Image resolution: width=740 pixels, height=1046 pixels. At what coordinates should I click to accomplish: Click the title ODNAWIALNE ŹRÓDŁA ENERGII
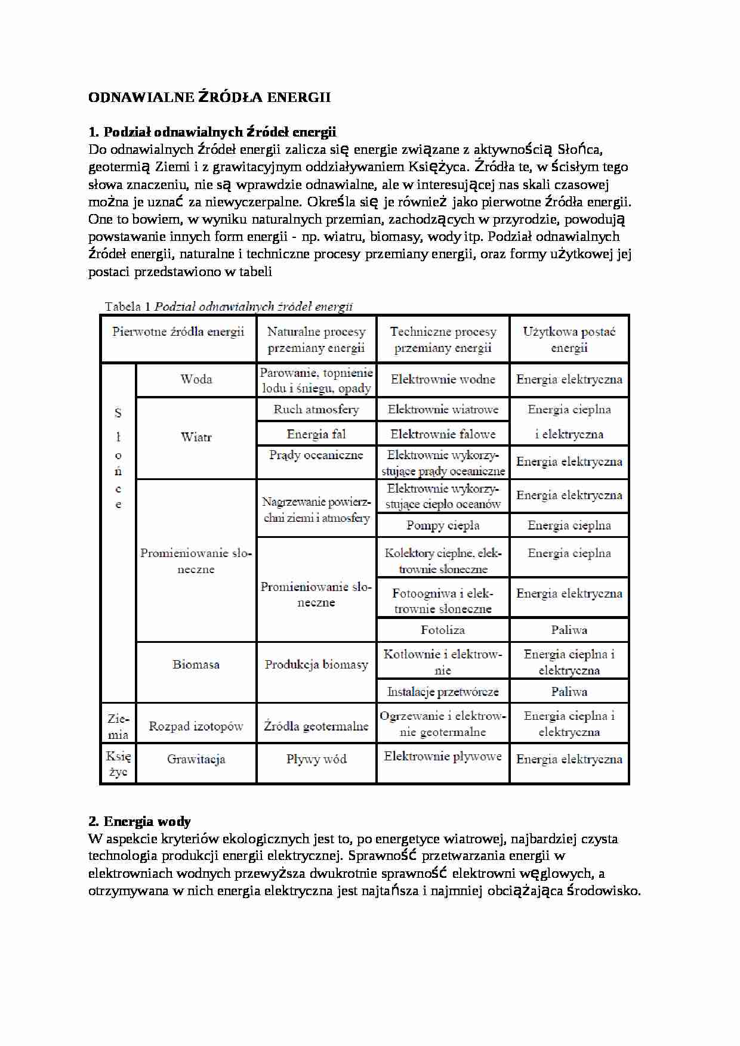(209, 97)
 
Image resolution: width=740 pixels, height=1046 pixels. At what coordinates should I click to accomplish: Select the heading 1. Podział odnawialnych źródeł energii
(212, 132)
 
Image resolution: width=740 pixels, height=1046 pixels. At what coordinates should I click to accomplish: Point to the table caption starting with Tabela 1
(229, 307)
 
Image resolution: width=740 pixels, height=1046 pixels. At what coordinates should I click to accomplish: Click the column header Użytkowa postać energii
(569, 339)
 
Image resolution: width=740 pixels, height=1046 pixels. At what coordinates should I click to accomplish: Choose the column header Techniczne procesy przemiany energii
(443, 339)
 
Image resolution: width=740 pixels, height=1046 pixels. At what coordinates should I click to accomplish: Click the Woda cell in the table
(196, 379)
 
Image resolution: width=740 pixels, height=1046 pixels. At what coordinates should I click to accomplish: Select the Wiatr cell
(196, 437)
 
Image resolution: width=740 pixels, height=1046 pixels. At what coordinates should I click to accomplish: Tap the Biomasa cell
(196, 664)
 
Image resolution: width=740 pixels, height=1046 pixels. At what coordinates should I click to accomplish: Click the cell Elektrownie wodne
(443, 379)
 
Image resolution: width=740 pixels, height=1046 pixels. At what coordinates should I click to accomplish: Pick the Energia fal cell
(316, 434)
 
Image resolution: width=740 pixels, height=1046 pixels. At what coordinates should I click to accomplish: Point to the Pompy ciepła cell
(443, 525)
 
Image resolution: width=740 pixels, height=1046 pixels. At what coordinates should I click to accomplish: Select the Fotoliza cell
(443, 630)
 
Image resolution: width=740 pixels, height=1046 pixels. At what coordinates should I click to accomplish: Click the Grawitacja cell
(196, 759)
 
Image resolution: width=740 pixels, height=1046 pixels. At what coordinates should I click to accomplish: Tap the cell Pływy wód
(316, 759)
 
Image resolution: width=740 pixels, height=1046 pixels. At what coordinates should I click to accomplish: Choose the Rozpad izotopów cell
(196, 726)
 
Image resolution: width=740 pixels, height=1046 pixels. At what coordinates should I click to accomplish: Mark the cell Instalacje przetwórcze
(443, 692)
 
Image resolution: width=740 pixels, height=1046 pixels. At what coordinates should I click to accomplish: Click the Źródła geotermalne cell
(316, 726)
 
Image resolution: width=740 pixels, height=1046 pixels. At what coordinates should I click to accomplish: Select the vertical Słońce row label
(118, 458)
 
